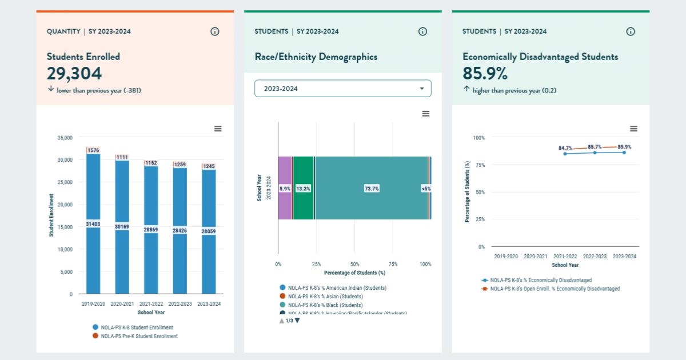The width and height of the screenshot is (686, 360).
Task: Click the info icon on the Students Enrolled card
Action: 215,31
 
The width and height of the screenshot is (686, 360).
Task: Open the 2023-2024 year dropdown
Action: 342,89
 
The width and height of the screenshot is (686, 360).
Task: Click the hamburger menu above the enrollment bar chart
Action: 218,129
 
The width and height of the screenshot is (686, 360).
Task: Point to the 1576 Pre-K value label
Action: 93,150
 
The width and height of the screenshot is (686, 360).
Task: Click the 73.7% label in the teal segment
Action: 372,189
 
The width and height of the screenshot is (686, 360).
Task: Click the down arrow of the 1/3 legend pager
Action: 297,321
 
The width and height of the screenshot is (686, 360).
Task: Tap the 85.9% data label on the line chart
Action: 624,147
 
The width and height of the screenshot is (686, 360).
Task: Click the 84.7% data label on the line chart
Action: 565,148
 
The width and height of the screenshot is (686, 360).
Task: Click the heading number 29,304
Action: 74,74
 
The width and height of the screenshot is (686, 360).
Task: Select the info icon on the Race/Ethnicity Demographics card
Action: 422,31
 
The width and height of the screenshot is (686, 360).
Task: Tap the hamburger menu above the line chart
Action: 633,129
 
